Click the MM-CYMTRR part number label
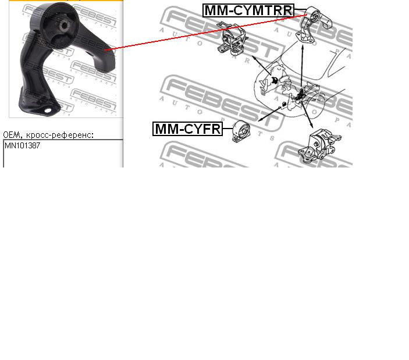pos(248,10)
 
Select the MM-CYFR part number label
pos(187,129)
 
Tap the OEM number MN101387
pos(23,145)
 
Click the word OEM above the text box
pos(12,135)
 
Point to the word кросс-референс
pos(60,135)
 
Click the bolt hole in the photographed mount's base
pos(48,111)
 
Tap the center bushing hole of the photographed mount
pos(64,26)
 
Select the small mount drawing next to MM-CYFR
pos(241,131)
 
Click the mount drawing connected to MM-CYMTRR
pos(314,25)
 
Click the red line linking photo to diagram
pos(206,33)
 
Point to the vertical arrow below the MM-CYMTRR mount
pos(303,67)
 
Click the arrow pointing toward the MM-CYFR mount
pos(269,114)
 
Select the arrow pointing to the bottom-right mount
pos(307,114)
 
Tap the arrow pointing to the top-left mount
pos(262,65)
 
